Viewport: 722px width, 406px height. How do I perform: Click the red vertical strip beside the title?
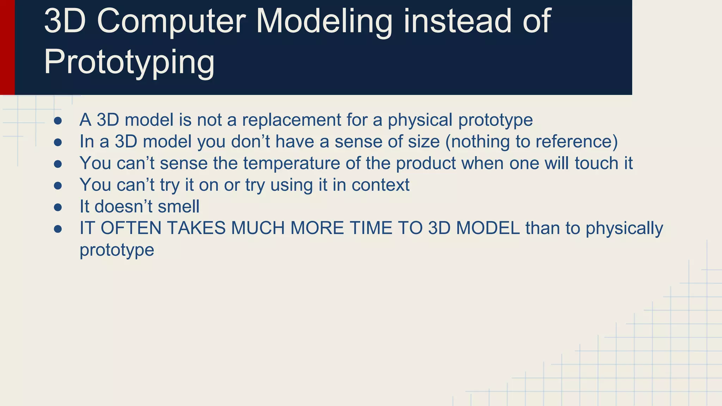(7, 47)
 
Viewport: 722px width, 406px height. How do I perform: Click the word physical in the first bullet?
(420, 120)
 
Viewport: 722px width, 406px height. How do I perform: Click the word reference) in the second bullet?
(577, 142)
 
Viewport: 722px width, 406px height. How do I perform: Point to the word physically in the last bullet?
(624, 228)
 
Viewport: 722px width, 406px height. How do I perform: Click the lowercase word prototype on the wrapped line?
(117, 250)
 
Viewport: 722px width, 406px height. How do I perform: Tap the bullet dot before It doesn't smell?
(58, 207)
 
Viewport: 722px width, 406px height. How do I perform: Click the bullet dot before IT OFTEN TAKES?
(58, 229)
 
